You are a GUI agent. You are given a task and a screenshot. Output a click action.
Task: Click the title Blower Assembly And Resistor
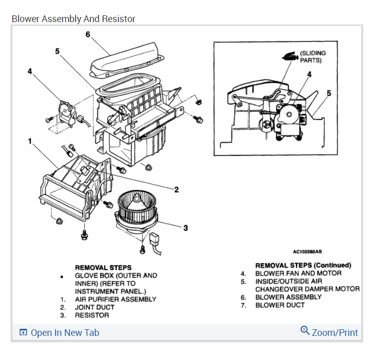73,19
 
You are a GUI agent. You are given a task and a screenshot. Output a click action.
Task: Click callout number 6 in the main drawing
88,34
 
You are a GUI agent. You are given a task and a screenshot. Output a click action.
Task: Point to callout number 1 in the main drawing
30,141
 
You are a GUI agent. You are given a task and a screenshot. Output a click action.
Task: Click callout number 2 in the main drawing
176,190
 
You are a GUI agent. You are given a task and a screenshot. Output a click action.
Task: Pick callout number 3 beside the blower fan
186,228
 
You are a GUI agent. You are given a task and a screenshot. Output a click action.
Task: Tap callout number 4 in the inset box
309,74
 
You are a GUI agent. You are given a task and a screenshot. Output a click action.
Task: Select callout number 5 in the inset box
329,93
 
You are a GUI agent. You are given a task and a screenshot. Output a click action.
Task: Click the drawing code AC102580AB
307,252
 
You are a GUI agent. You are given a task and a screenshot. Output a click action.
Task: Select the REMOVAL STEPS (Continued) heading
303,265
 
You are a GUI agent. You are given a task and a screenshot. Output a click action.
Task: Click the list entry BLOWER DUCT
280,305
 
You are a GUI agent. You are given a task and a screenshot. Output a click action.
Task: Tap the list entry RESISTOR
92,315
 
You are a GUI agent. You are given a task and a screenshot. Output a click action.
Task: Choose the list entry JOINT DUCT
95,307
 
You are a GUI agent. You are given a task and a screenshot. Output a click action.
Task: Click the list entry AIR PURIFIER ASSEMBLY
115,299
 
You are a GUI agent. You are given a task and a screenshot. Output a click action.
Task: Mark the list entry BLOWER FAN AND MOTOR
298,273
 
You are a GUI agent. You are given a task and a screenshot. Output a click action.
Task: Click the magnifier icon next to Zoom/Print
305,330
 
